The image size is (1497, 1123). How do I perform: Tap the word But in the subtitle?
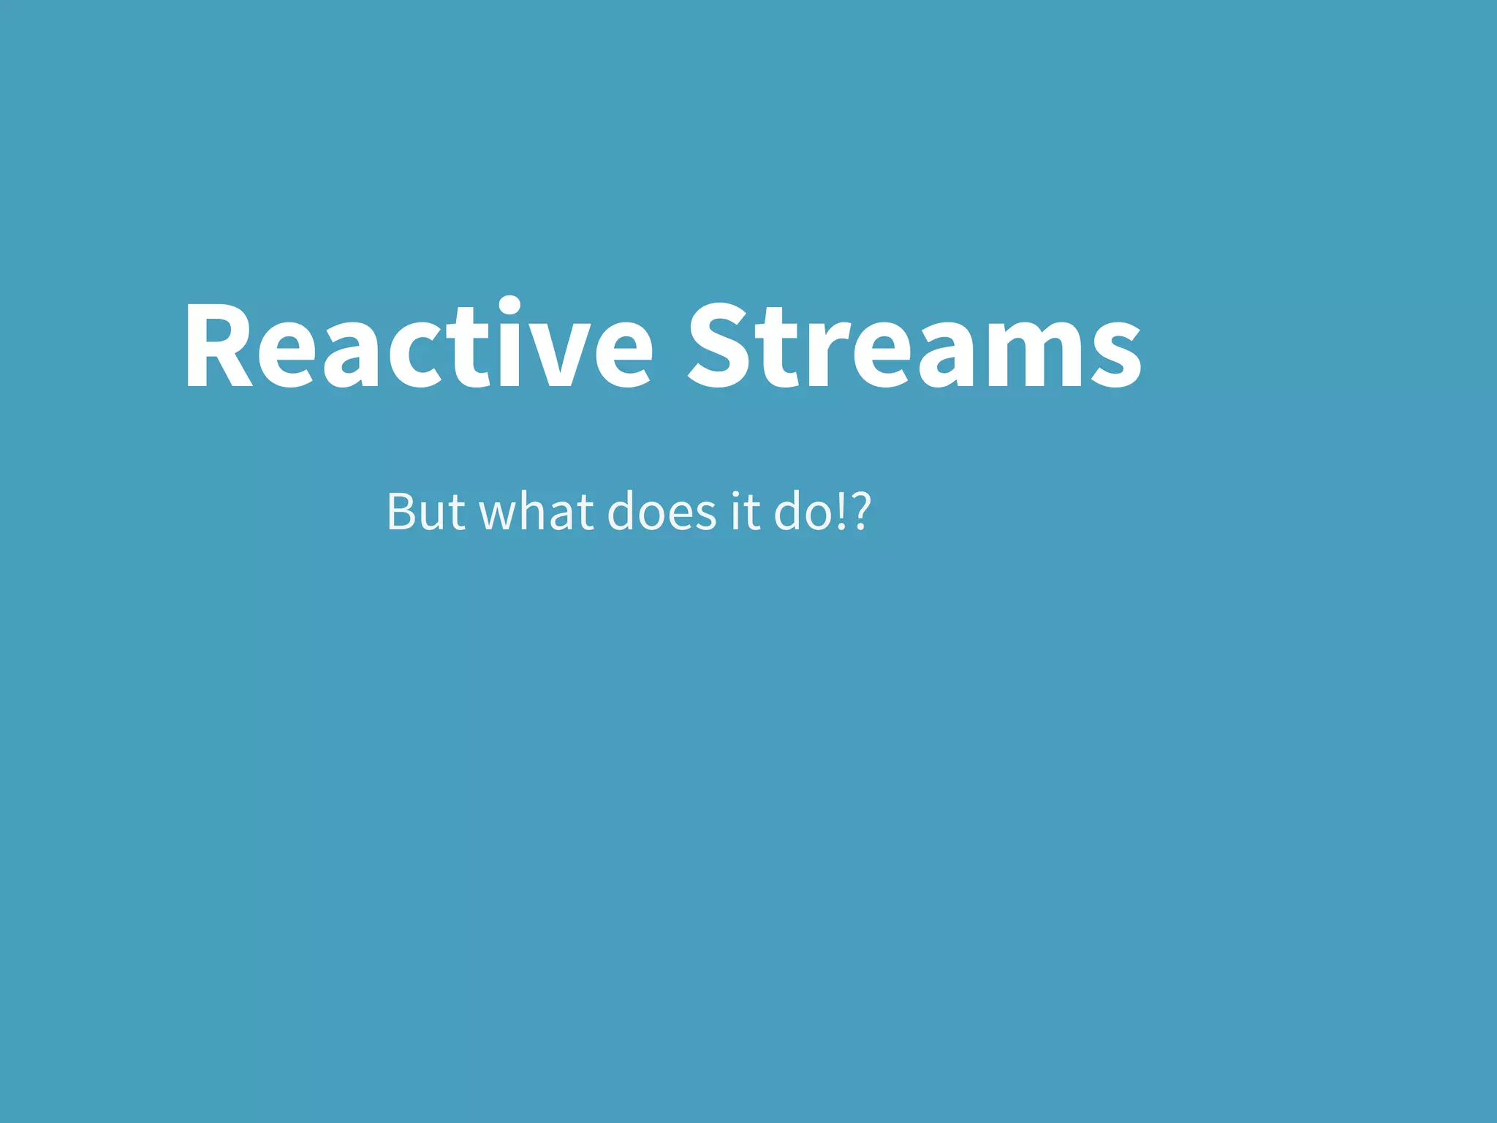(425, 512)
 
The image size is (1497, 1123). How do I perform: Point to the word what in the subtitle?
(536, 512)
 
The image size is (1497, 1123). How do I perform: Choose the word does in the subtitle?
(662, 512)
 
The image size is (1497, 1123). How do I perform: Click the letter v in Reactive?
(561, 351)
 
